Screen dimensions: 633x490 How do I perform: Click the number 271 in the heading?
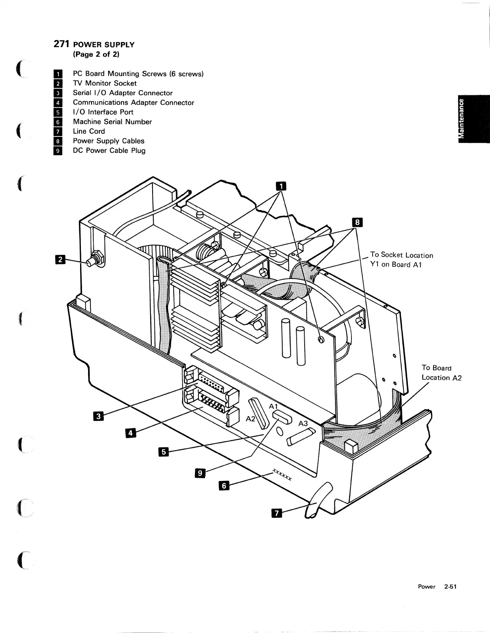click(x=62, y=44)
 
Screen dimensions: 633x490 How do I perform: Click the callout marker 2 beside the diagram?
click(x=60, y=260)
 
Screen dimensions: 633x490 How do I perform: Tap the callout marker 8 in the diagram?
click(x=356, y=222)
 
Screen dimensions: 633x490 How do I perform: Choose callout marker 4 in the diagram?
click(x=131, y=433)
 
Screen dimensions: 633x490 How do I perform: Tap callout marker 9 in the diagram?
click(x=199, y=473)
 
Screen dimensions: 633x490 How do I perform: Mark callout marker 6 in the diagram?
click(x=224, y=485)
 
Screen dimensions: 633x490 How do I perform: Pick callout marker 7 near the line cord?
click(x=277, y=513)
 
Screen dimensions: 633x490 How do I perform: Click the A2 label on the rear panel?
click(x=251, y=419)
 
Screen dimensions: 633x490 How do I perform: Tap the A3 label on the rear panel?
click(x=303, y=424)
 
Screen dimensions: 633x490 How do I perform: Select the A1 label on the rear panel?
click(x=273, y=406)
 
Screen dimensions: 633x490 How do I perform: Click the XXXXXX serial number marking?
click(x=282, y=474)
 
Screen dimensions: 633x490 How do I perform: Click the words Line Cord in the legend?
click(x=89, y=131)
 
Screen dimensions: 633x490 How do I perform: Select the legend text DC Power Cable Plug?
click(x=109, y=150)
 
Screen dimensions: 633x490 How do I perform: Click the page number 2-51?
click(x=450, y=587)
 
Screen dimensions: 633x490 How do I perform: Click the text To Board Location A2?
click(x=441, y=373)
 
